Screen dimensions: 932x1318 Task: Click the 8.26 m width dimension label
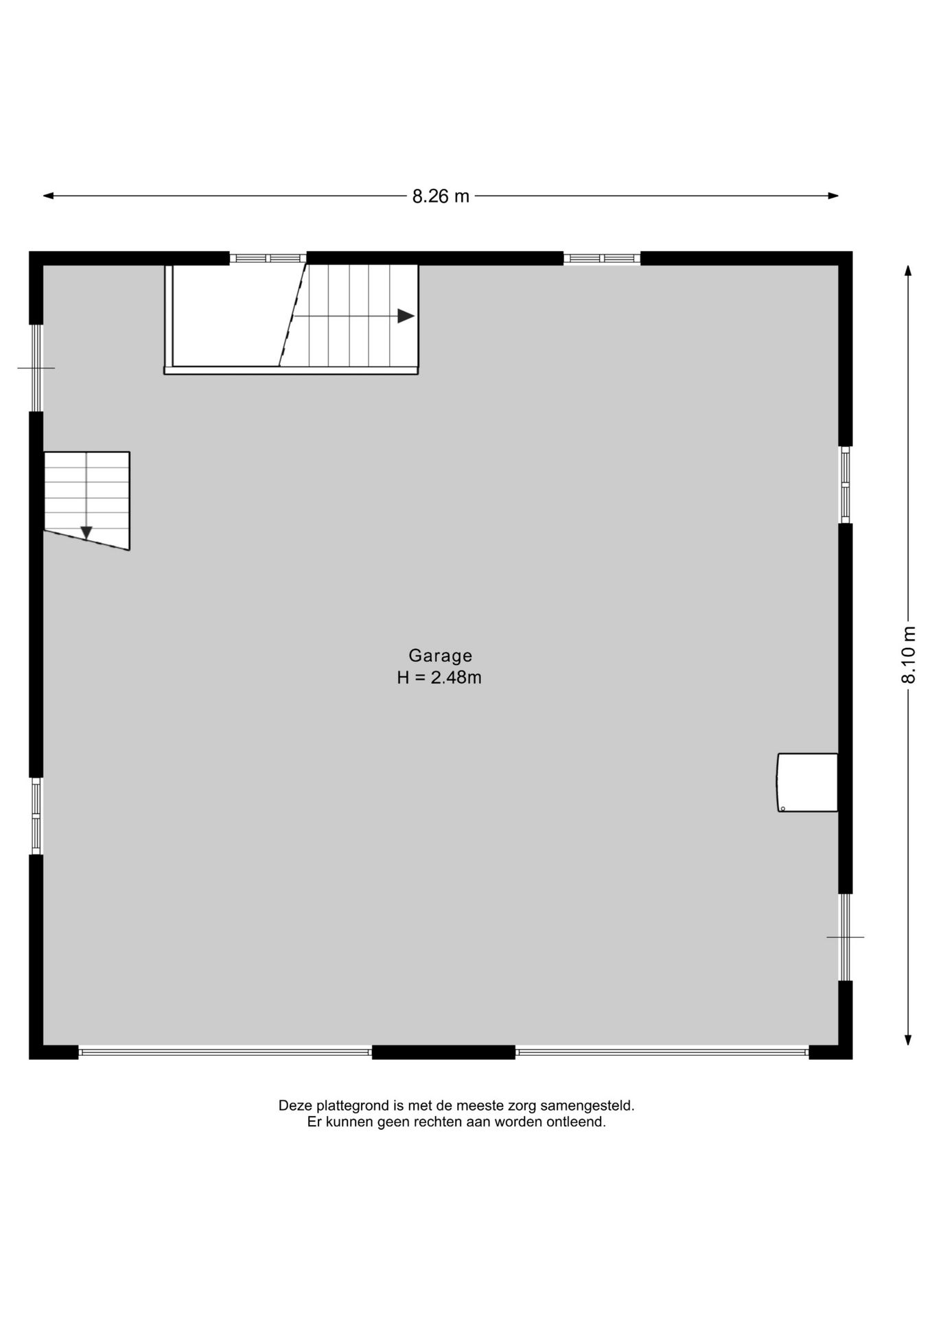441,196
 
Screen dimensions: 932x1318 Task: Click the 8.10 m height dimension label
908,654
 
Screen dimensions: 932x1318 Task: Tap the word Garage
441,656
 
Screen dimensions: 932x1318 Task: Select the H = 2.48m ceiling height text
439,678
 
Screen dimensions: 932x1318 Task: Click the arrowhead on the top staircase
406,316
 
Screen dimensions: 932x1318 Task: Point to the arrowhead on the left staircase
86,533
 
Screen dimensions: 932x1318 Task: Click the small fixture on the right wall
808,783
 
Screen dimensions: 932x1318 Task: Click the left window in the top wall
268,258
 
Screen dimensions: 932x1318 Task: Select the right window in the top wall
602,258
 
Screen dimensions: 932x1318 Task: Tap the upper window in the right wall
846,485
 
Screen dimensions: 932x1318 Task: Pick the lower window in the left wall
36,816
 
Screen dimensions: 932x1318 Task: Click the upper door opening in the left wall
36,368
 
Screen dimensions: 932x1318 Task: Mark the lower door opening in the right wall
846,937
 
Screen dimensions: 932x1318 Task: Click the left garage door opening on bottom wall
225,1052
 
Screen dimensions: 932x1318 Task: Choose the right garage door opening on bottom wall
662,1052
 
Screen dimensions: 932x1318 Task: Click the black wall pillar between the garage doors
443,1052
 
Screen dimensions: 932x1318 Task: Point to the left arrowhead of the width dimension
48,196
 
